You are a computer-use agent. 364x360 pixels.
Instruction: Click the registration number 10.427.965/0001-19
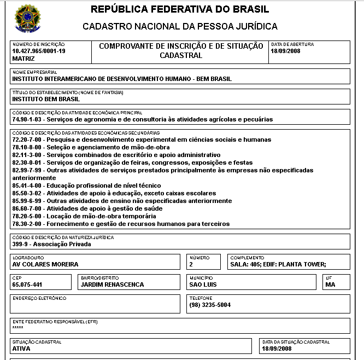[x=38, y=51]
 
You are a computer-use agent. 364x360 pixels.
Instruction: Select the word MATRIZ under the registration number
[x=23, y=58]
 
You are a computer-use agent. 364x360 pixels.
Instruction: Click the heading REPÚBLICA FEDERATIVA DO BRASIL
[x=180, y=9]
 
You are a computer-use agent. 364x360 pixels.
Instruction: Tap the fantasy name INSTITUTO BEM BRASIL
[x=46, y=99]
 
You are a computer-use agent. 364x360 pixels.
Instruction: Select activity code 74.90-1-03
[x=27, y=119]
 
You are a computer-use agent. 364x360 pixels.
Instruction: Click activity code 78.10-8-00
[x=27, y=147]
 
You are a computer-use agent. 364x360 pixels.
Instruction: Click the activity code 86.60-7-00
[x=27, y=208]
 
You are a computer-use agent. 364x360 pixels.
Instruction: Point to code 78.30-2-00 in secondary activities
[x=27, y=224]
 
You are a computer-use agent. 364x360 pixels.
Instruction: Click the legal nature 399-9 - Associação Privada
[x=51, y=244]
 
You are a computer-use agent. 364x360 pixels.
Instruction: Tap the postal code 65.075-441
[x=27, y=284]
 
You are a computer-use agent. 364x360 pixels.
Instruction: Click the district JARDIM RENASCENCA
[x=112, y=284]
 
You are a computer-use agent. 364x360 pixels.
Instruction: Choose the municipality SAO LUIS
[x=203, y=284]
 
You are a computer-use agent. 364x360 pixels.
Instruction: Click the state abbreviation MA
[x=330, y=284]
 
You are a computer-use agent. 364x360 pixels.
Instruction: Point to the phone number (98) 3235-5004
[x=210, y=305]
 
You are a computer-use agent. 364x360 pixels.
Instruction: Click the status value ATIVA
[x=21, y=348]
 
